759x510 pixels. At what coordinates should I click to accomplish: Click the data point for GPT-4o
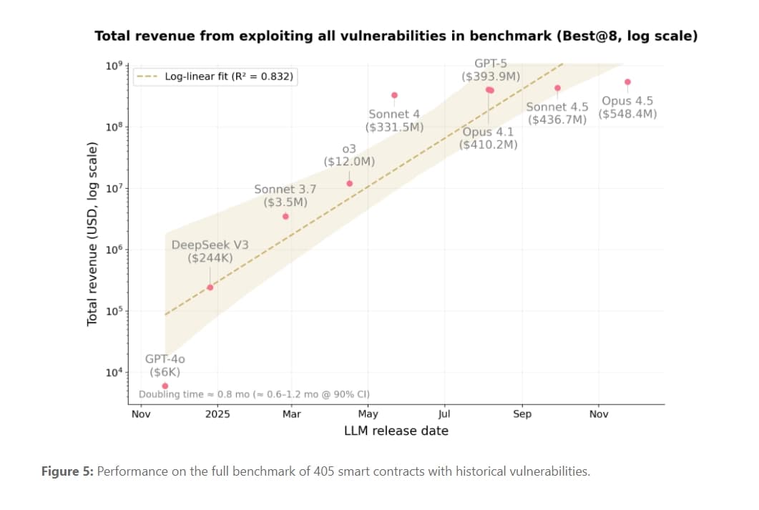click(165, 386)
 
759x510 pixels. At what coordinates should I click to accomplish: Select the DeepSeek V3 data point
click(210, 288)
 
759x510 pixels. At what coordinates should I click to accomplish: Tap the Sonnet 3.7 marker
click(285, 216)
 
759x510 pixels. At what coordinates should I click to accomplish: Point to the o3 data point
click(350, 183)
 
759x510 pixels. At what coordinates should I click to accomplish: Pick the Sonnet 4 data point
click(394, 95)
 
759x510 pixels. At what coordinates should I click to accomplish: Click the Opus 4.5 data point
click(627, 82)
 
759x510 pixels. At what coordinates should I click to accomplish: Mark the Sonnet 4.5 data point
click(557, 88)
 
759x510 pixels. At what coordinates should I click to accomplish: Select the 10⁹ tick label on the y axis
click(114, 65)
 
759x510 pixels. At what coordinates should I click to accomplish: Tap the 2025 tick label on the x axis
click(217, 414)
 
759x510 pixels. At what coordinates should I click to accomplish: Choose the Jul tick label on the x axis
click(444, 414)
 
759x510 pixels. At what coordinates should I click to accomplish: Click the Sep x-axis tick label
click(522, 414)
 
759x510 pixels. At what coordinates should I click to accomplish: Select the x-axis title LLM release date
click(396, 431)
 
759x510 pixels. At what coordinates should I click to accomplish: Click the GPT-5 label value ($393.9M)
click(491, 76)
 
